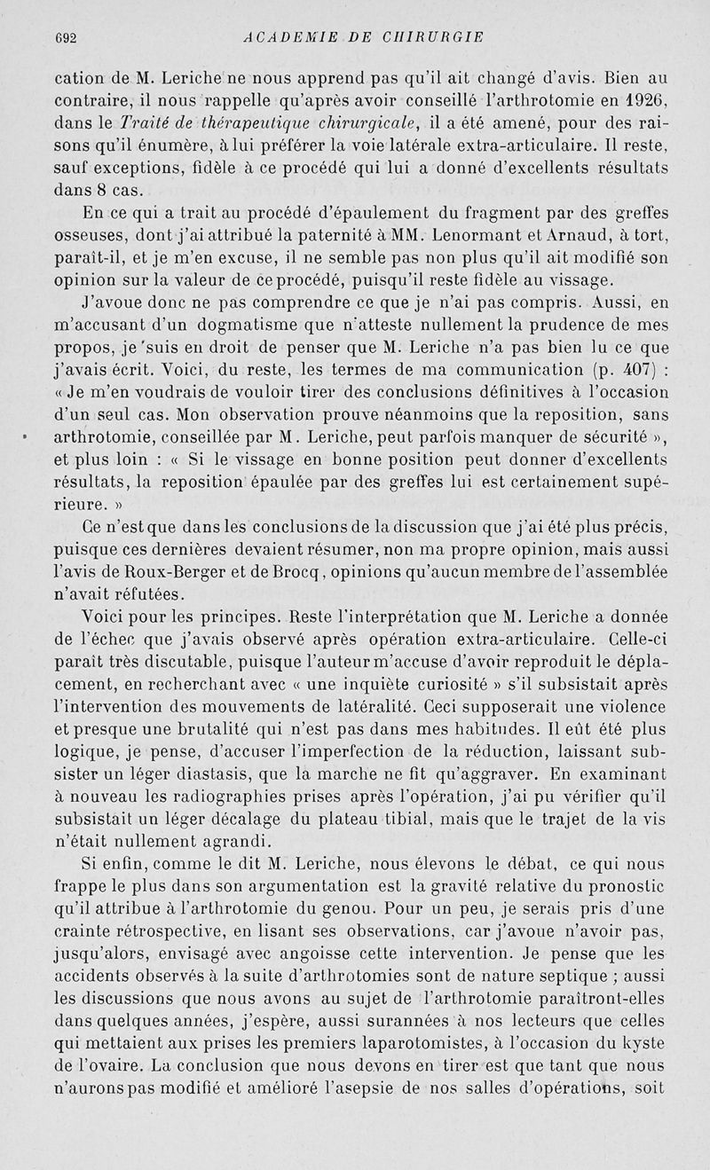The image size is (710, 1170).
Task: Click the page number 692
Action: pos(67,37)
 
